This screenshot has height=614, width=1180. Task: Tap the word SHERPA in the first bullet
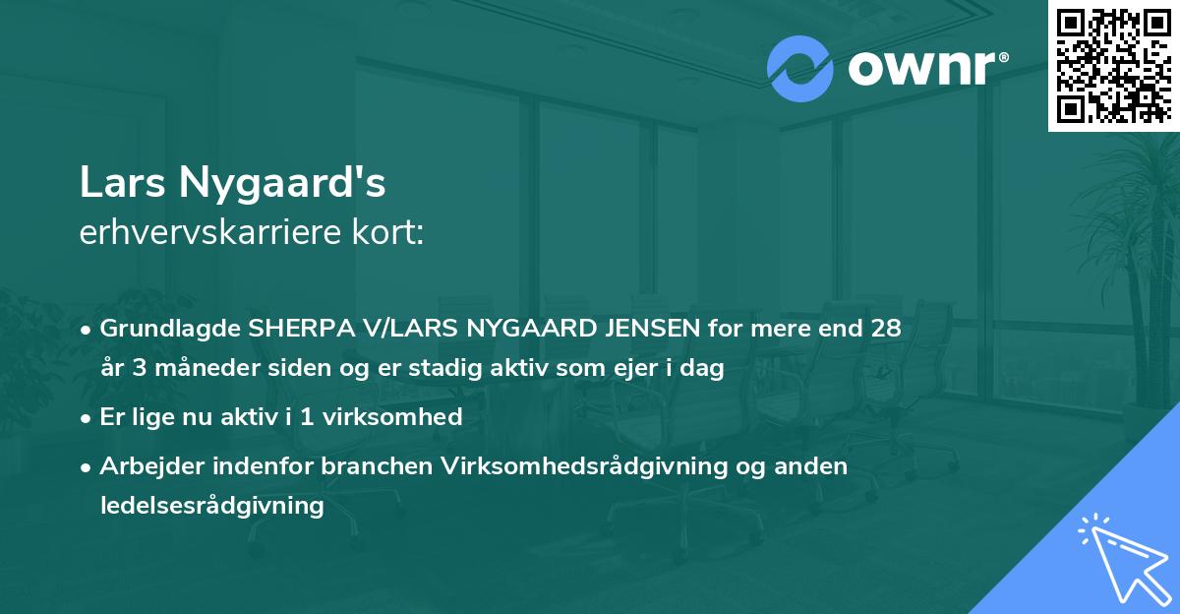pos(300,329)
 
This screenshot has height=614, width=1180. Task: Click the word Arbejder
pos(145,465)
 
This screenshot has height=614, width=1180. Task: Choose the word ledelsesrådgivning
pos(211,506)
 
